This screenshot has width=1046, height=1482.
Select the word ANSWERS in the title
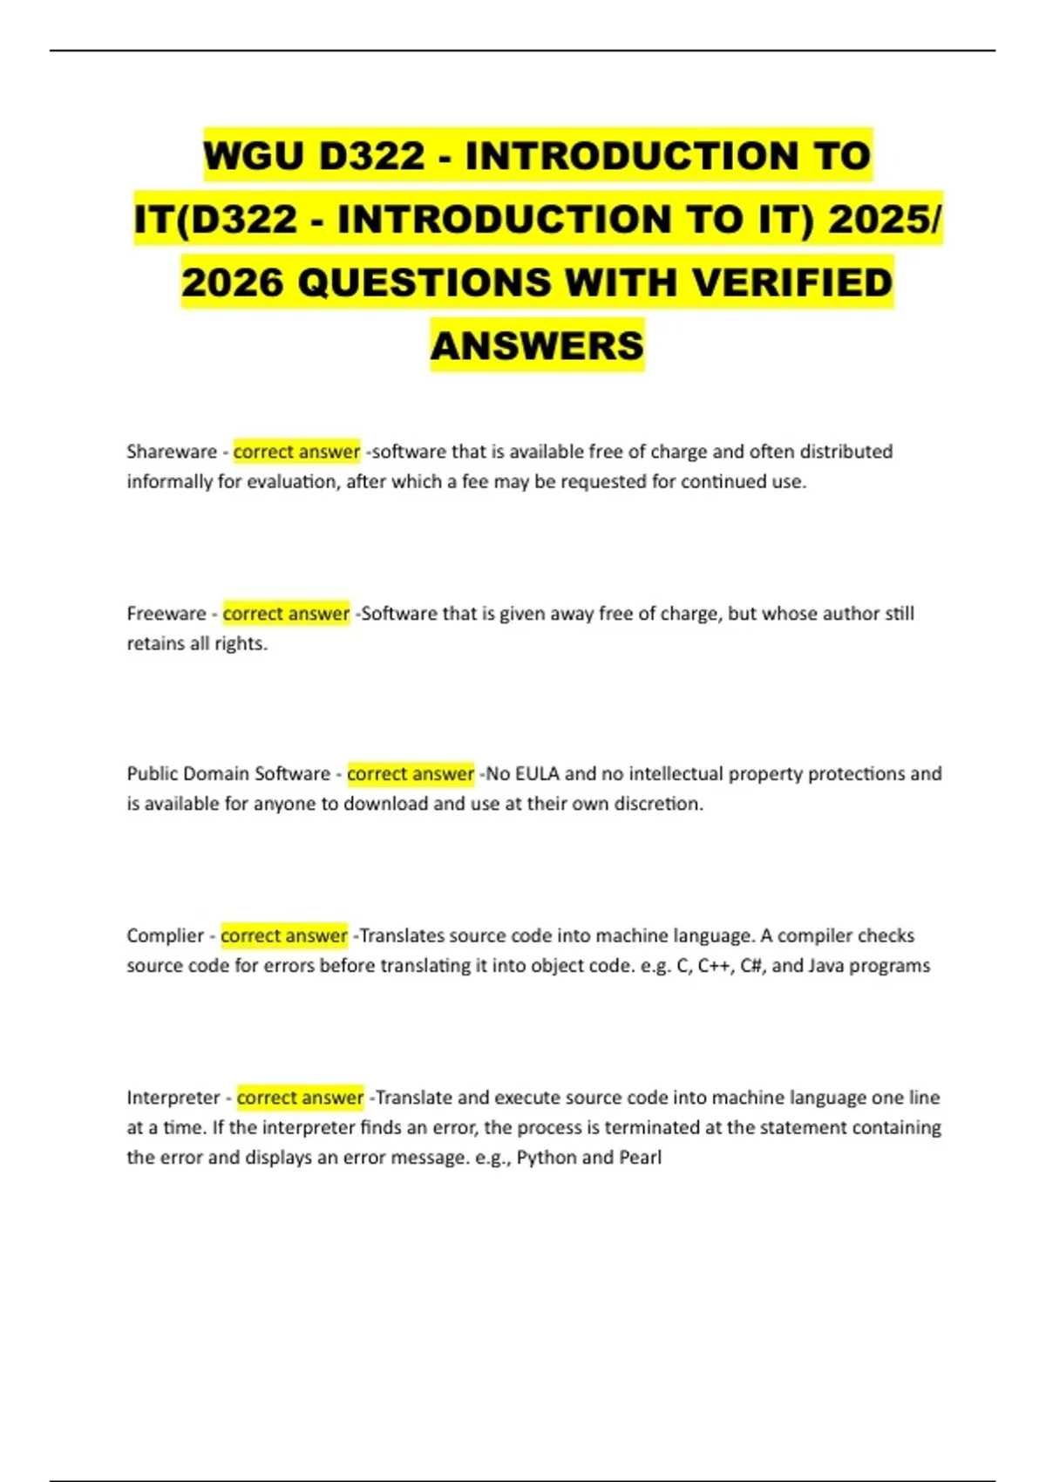pyautogui.click(x=537, y=346)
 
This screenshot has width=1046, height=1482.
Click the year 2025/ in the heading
pyautogui.click(x=884, y=220)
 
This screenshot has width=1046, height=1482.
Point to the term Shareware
pyautogui.click(x=172, y=452)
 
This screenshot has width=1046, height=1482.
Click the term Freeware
pyautogui.click(x=166, y=614)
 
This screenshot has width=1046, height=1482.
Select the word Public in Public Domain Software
pyautogui.click(x=152, y=774)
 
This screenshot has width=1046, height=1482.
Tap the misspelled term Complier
pyautogui.click(x=165, y=936)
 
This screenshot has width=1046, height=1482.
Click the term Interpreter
pyautogui.click(x=173, y=1098)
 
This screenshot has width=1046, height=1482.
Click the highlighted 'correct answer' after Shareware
pyautogui.click(x=296, y=452)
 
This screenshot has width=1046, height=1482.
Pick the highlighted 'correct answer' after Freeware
pyautogui.click(x=286, y=614)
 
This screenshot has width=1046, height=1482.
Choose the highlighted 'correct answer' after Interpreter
pyautogui.click(x=300, y=1098)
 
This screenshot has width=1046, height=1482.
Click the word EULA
pyautogui.click(x=537, y=774)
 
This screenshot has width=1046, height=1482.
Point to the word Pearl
pyautogui.click(x=640, y=1158)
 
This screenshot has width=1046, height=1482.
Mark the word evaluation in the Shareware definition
pyautogui.click(x=291, y=482)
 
